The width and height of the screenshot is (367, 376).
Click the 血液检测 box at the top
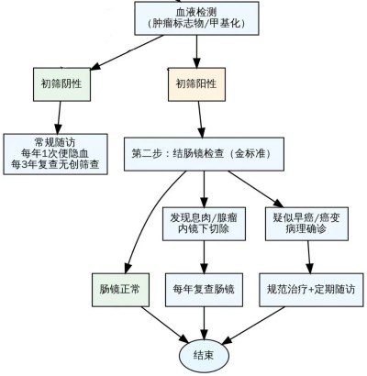[x=196, y=18]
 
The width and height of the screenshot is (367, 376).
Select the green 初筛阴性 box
[x=61, y=84]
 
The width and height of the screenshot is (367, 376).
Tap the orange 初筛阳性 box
[x=196, y=84]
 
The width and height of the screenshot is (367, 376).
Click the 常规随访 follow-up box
[x=55, y=154]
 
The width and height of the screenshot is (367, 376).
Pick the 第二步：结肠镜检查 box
[x=204, y=154]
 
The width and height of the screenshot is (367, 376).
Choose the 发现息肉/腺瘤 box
[x=204, y=224]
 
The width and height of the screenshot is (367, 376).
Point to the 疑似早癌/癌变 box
[x=306, y=224]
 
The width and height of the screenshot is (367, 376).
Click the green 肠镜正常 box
[x=120, y=290]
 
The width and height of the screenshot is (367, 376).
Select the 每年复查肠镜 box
[x=204, y=290]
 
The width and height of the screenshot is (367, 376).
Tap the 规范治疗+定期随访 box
[x=311, y=290]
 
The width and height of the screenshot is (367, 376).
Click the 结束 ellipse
[x=204, y=356]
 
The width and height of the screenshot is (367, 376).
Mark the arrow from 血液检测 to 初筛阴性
[x=127, y=52]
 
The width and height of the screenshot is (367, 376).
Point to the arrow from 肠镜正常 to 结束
[x=165, y=325]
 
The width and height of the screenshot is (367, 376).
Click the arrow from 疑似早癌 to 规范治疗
[x=309, y=257]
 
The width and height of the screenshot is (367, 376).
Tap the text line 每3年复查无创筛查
[x=55, y=164]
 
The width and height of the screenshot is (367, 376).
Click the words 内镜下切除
[x=204, y=229]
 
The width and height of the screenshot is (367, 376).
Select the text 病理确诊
[x=306, y=229]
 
